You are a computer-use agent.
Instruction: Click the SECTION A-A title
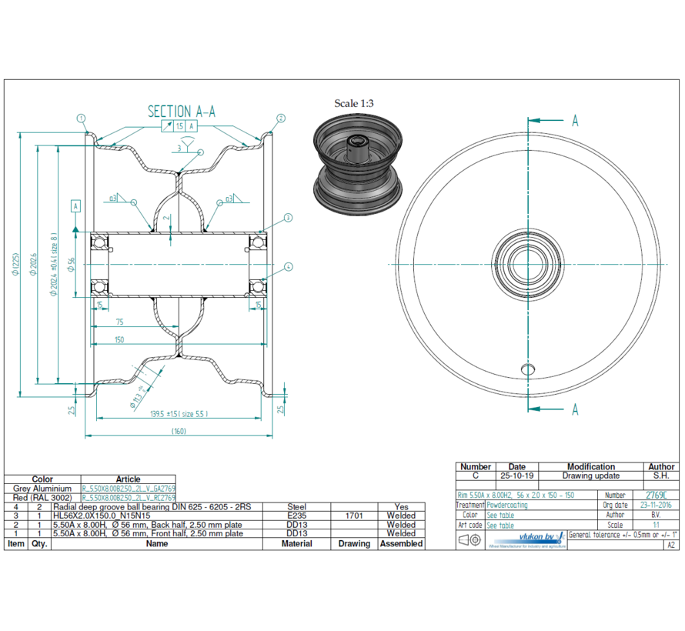[x=181, y=112]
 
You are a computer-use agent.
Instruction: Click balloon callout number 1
[x=81, y=118]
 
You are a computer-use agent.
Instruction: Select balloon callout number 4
[x=288, y=267]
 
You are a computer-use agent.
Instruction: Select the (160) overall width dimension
[x=180, y=431]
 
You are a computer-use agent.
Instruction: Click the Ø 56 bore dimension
[x=72, y=264]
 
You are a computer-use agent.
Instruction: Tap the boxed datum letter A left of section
[x=75, y=206]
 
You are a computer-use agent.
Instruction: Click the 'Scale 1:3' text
[x=353, y=102]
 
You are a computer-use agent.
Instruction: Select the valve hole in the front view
[x=527, y=369]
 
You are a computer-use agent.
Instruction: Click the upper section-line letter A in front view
[x=574, y=121]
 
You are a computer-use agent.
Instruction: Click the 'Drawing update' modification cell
[x=590, y=476]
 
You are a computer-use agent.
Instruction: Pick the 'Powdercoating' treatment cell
[x=508, y=506]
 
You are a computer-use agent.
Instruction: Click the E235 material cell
[x=296, y=516]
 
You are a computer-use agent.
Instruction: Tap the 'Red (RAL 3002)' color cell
[x=42, y=498]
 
